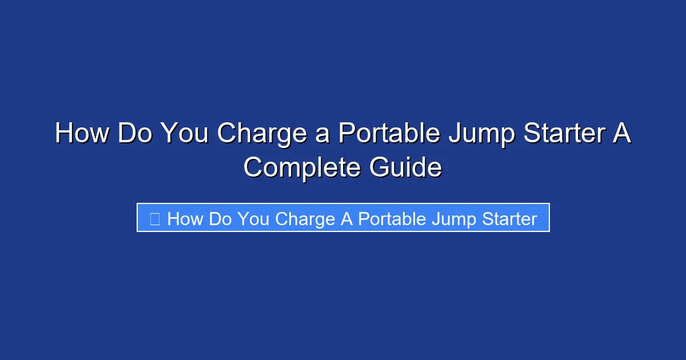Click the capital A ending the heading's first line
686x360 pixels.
pos(623,134)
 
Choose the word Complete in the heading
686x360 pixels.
pos(298,169)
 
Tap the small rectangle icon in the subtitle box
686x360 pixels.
pos(154,219)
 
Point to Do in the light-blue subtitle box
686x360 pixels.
pos(220,219)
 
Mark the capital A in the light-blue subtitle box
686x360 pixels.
pos(346,219)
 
